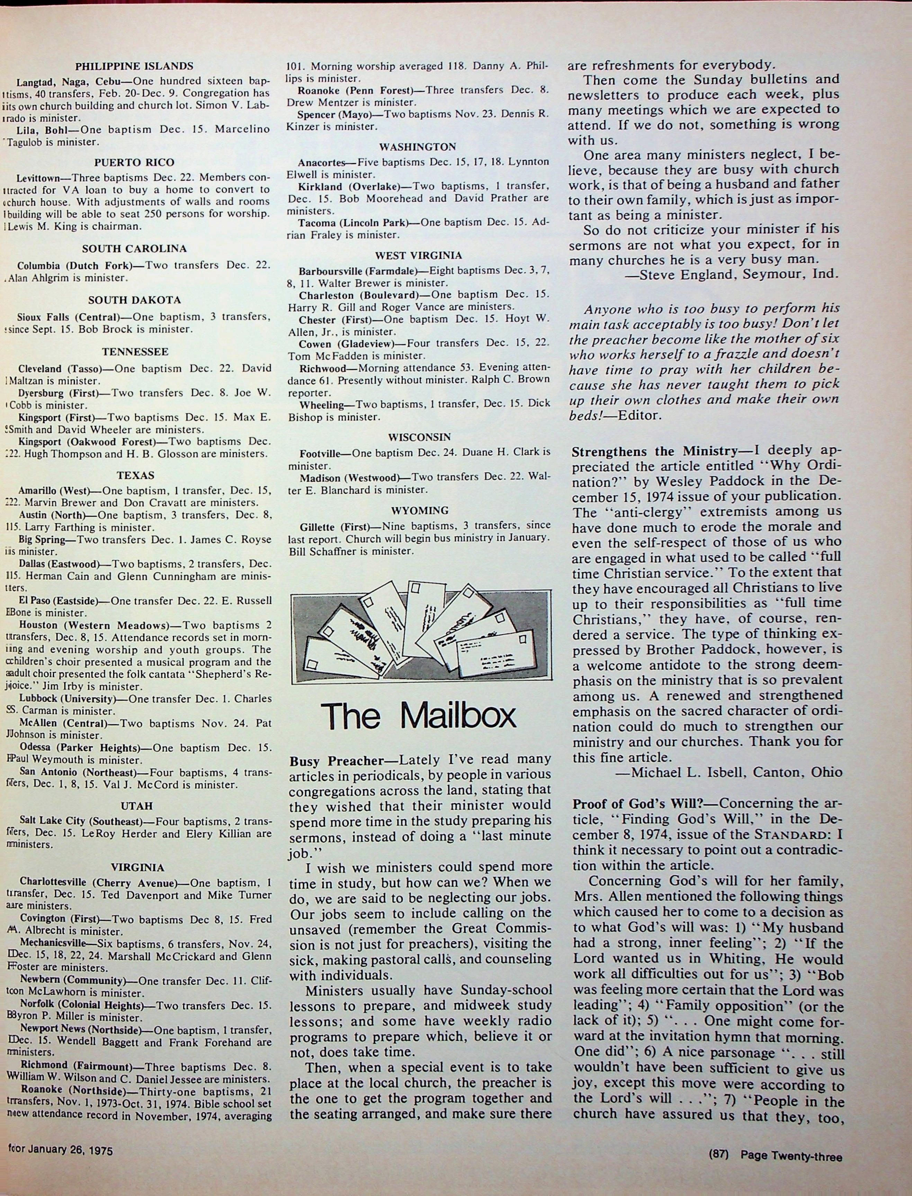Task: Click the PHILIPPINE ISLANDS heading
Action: (134, 66)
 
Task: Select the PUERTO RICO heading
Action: (134, 162)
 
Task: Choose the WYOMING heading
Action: (420, 510)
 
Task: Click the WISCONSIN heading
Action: (420, 437)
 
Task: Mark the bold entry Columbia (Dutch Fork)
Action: (74, 266)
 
